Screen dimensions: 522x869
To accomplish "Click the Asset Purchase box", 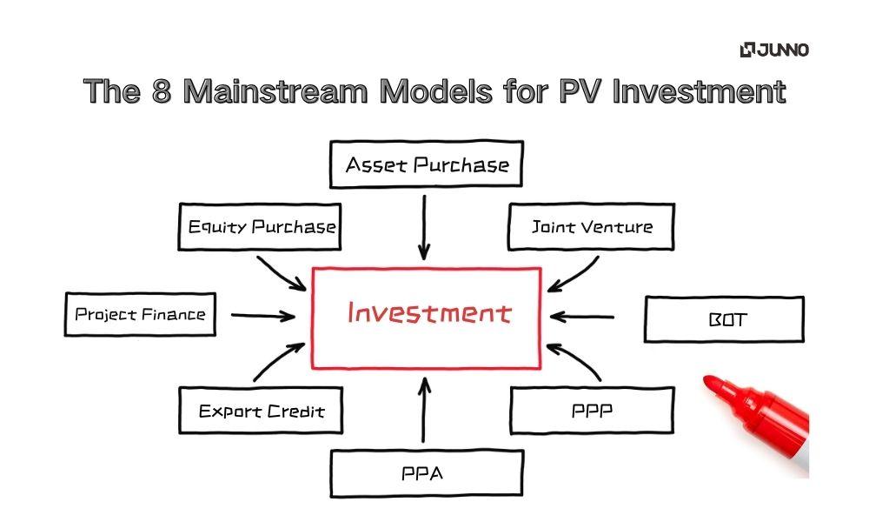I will (x=426, y=164).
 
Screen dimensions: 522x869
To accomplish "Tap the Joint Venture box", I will (x=591, y=227).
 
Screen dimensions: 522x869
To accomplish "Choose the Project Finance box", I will (x=140, y=314).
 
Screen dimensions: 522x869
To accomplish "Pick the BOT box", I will (x=723, y=319).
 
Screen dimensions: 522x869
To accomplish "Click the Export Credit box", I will (x=261, y=411).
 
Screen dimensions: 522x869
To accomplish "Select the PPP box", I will (x=591, y=410).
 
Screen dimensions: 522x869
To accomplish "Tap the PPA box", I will (x=426, y=474).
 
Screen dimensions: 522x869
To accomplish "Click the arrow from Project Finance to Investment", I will (x=263, y=316).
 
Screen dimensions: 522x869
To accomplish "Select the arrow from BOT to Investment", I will (x=582, y=317).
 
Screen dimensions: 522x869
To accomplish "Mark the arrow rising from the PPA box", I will (x=424, y=409).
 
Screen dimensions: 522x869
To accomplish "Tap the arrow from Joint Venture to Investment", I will (x=570, y=272).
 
